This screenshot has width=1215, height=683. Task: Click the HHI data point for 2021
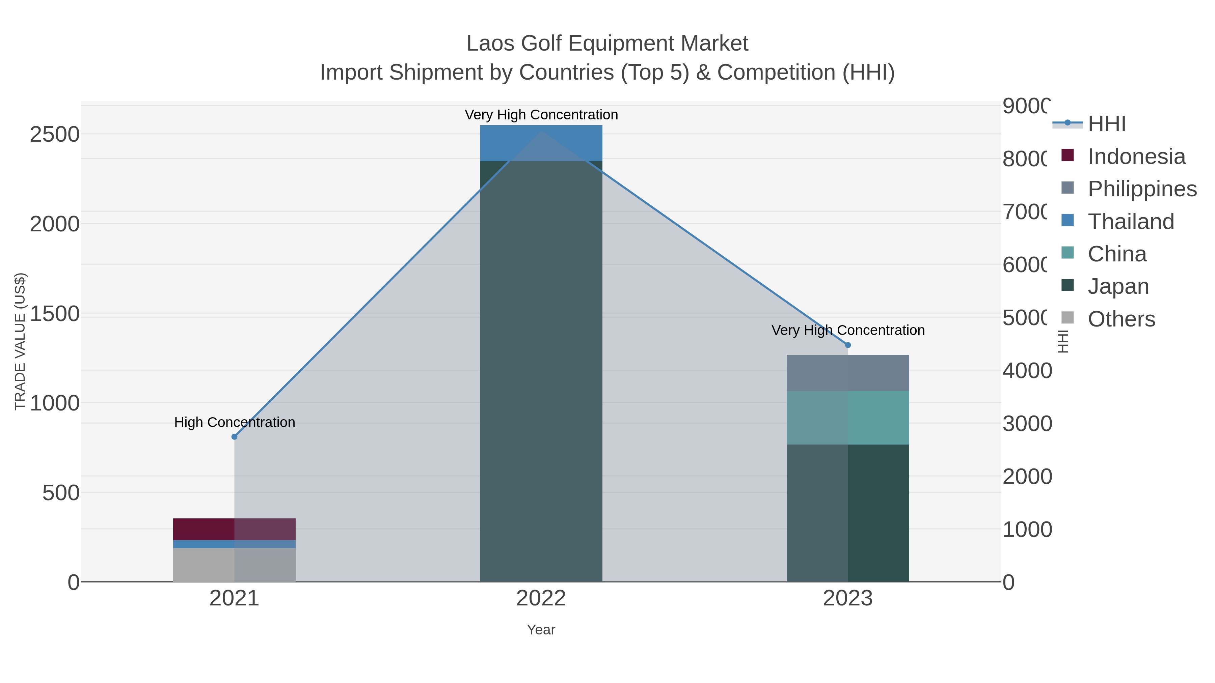[235, 437]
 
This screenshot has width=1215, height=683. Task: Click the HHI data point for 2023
[847, 345]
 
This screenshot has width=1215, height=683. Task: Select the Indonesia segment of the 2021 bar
[235, 529]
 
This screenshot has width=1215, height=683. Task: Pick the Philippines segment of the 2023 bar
[847, 373]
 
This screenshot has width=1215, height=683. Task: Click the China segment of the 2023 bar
[847, 418]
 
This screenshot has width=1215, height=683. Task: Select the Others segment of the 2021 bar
[235, 565]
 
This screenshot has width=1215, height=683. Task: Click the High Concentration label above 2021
[235, 422]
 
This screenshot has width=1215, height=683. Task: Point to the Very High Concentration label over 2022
[541, 115]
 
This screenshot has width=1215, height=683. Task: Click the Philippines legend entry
[1141, 189]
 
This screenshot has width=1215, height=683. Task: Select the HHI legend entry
[1106, 124]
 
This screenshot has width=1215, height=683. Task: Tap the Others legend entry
[1121, 319]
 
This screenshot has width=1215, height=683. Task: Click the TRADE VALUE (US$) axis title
[20, 341]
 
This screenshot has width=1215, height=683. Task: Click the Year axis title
[541, 630]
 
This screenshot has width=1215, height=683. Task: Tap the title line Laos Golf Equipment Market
[607, 44]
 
